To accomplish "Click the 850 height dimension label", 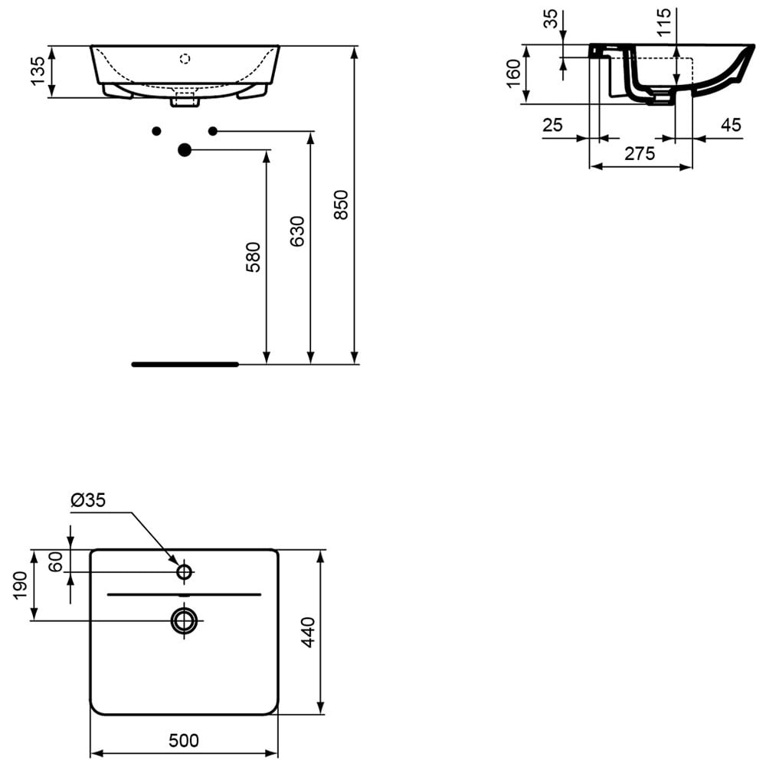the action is tap(341, 205).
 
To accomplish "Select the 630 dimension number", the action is tap(297, 231).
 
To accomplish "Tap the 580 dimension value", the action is tap(253, 257).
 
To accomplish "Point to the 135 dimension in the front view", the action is tap(38, 71).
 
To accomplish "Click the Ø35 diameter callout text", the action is tap(88, 499).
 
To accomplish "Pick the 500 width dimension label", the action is tap(184, 741).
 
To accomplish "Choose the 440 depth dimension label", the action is tap(308, 632).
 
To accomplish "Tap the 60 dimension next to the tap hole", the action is tap(56, 561).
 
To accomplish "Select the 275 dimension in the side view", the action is tap(640, 154).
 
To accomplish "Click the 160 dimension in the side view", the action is tap(514, 74).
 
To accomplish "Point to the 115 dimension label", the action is tap(664, 22).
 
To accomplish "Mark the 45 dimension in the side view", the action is tap(731, 125).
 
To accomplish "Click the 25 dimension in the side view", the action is tap(552, 125).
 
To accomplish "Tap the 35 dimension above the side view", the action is tap(551, 18).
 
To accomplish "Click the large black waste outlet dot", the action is tap(184, 150).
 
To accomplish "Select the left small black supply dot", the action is tap(156, 131).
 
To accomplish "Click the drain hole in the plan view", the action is tap(184, 620).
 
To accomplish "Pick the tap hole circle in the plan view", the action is tap(184, 571).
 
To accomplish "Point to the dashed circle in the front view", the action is tap(184, 59).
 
